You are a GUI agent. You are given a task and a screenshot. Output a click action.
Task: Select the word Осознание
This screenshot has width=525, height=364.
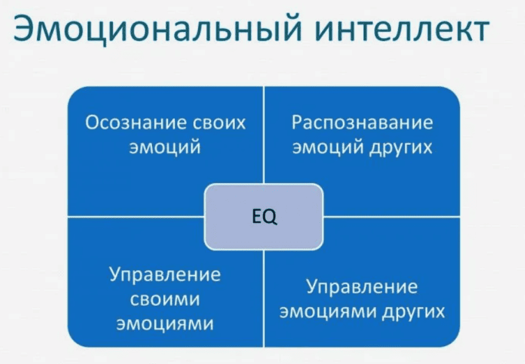(127, 122)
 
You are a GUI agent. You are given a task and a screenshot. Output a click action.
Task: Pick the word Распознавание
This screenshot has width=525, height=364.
(362, 122)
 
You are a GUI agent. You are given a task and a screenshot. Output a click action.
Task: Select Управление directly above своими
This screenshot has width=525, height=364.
(165, 274)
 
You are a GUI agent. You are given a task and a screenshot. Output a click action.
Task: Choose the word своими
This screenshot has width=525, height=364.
(165, 299)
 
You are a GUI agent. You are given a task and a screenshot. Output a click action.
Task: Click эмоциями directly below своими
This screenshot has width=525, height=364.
(165, 323)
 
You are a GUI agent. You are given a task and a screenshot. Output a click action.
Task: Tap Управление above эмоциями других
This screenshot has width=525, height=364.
(362, 287)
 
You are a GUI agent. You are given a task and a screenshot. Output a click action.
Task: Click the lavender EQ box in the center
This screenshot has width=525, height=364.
(264, 216)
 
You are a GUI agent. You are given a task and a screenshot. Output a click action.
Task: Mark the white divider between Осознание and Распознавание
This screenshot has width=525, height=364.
(264, 135)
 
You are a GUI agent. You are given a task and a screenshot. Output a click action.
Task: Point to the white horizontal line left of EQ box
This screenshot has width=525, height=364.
(135, 216)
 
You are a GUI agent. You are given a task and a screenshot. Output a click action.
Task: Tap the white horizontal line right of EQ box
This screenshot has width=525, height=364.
(393, 216)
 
